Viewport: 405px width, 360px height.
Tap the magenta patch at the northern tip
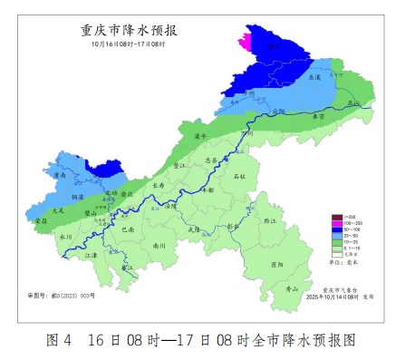tap(243, 42)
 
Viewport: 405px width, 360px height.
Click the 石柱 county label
tap(240, 175)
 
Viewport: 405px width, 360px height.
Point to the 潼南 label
tap(60, 174)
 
